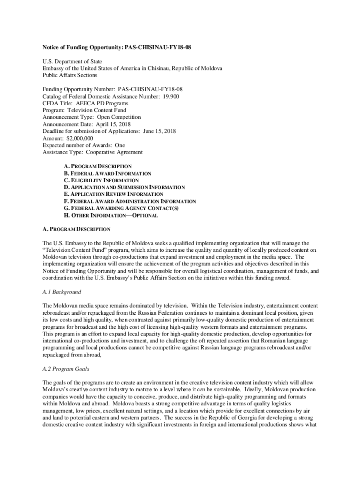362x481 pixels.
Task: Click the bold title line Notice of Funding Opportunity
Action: click(x=117, y=48)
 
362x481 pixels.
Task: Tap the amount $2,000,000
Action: click(x=79, y=139)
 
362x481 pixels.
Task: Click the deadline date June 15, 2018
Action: click(x=159, y=132)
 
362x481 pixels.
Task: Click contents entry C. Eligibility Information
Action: click(x=101, y=180)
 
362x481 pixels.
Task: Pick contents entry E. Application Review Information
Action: click(x=113, y=194)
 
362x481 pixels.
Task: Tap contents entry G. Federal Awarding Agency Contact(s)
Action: click(x=121, y=208)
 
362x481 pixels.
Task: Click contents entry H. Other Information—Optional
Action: click(x=110, y=216)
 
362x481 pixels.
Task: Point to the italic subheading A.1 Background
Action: click(x=62, y=292)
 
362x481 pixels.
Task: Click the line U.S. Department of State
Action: click(x=72, y=62)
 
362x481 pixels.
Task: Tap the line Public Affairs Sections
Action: click(x=70, y=75)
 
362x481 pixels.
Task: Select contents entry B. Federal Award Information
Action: click(x=107, y=173)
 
